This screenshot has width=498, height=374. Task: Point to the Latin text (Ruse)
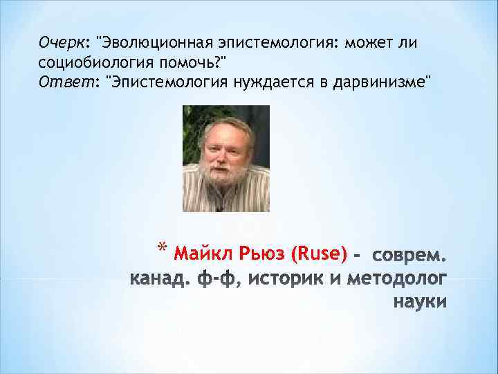320,254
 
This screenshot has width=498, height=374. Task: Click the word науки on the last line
419,303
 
